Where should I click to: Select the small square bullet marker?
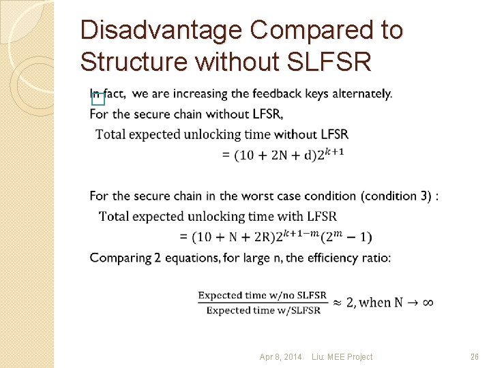point(98,99)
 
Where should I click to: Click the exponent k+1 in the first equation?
point(333,151)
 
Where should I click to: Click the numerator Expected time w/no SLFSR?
point(263,295)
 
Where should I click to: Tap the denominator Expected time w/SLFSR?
point(263,311)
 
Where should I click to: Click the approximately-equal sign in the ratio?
point(337,303)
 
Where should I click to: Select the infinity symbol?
point(428,303)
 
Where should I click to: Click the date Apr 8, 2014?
point(280,357)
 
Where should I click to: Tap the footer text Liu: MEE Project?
point(342,357)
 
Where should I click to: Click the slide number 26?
point(475,357)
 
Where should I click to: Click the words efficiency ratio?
point(353,258)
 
